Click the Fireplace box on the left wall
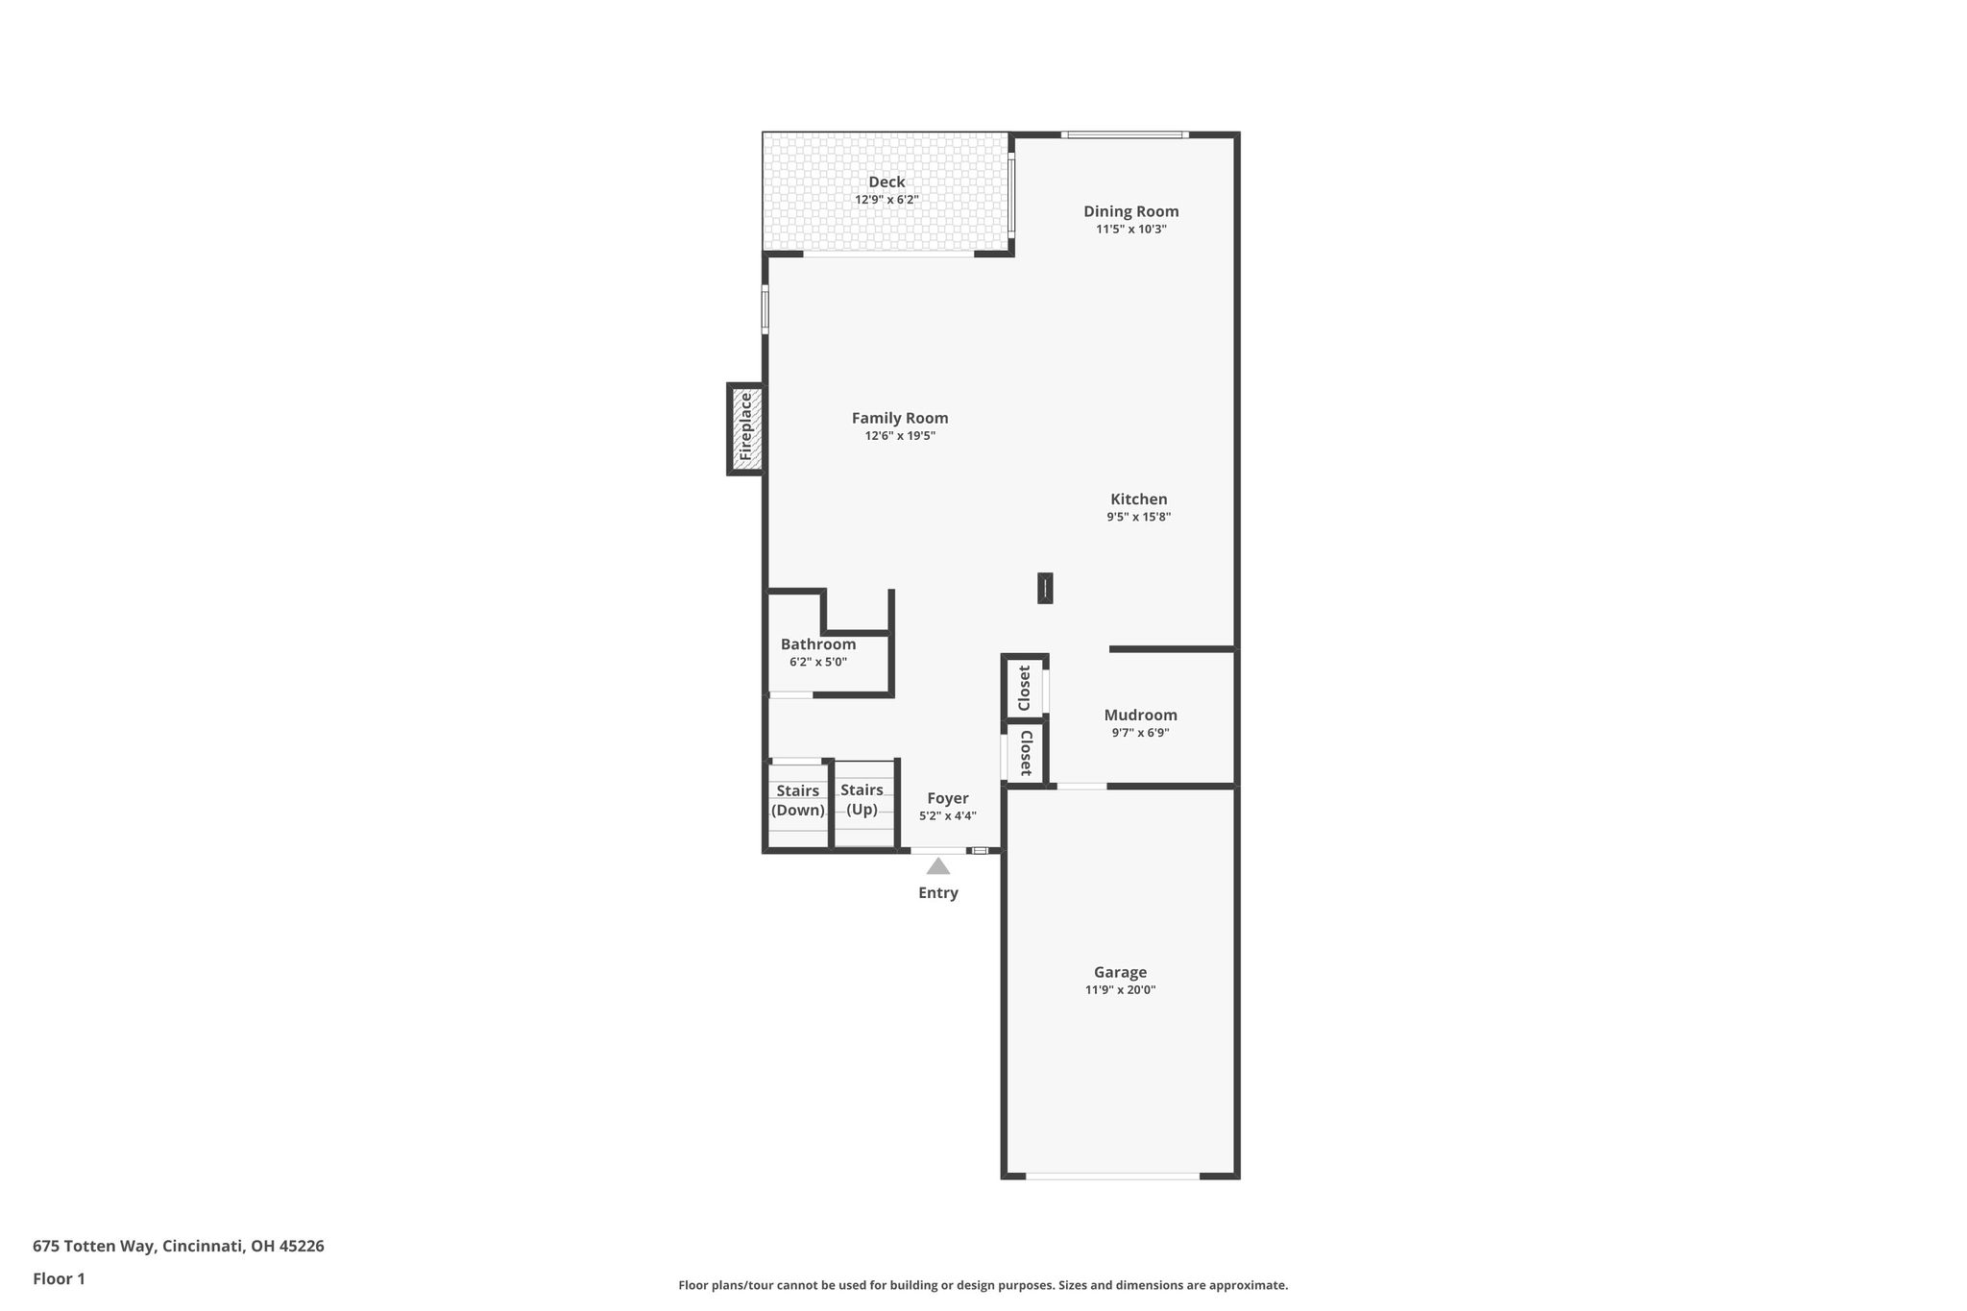[745, 429]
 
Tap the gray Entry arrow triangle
[938, 866]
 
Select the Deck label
[886, 182]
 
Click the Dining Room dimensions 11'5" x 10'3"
[1131, 230]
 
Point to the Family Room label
[900, 418]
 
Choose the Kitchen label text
[1139, 499]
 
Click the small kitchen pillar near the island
[1045, 589]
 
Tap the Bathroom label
[818, 644]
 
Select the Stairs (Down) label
[798, 800]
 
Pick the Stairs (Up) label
[862, 799]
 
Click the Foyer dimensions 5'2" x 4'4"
[948, 816]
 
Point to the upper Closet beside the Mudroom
[1024, 688]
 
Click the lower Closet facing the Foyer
[1025, 753]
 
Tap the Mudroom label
[1141, 715]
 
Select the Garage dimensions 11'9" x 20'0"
[1121, 990]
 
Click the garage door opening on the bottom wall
[1112, 1176]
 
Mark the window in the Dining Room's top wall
[1125, 134]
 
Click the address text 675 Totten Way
[93, 1247]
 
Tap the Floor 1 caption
[59, 1279]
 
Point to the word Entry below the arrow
[938, 893]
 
